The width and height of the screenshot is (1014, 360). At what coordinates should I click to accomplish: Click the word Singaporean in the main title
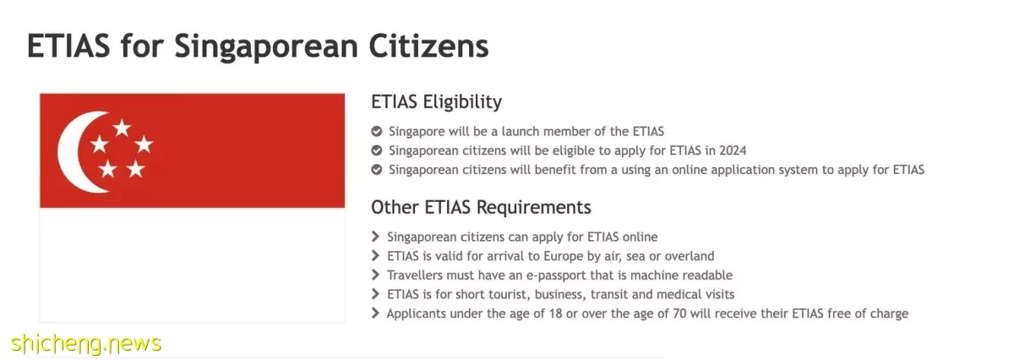[266, 47]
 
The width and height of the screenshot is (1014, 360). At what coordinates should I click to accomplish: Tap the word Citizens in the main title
[429, 46]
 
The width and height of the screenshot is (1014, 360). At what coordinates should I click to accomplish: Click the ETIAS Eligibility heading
[436, 102]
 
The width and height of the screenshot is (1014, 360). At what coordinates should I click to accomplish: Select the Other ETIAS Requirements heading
[481, 207]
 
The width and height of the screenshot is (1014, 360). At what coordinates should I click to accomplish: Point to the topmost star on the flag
[122, 128]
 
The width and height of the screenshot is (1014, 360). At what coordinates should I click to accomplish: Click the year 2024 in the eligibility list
[733, 150]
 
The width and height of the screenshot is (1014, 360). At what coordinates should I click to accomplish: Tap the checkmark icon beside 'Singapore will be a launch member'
[377, 131]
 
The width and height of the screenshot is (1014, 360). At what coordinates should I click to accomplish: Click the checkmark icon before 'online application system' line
[377, 170]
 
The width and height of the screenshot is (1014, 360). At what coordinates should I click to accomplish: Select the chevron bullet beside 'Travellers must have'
[375, 275]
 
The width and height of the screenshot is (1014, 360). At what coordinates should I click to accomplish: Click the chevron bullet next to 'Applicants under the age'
[375, 314]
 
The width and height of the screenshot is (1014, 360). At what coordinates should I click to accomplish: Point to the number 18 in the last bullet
[555, 314]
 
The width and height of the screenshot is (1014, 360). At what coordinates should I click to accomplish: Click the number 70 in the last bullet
[679, 314]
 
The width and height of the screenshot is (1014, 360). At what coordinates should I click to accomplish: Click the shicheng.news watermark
[86, 344]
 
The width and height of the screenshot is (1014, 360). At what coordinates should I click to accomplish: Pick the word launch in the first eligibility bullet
[521, 131]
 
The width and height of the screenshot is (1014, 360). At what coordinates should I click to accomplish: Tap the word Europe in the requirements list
[564, 257]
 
